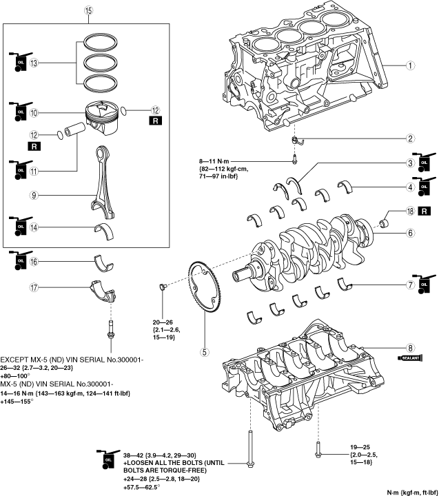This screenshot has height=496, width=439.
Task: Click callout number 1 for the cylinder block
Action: tap(409, 66)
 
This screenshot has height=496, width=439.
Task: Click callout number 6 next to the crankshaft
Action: tap(409, 234)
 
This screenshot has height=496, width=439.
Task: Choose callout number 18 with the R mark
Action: tap(409, 211)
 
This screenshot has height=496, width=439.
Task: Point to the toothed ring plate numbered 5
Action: tap(196, 296)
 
